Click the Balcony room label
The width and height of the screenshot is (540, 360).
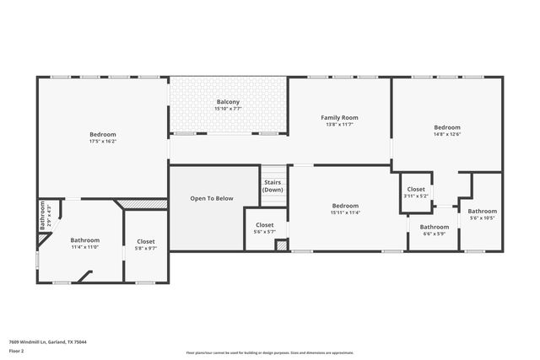[229, 101]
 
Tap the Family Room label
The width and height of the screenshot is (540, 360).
[339, 117]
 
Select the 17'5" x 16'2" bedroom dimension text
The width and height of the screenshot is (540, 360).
[103, 142]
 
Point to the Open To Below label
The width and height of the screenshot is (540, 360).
[211, 199]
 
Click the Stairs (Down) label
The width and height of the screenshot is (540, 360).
[273, 186]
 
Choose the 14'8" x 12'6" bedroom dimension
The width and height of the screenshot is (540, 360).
[446, 133]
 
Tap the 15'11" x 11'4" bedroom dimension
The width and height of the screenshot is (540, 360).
[345, 212]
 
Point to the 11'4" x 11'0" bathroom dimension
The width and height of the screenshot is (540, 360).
[84, 247]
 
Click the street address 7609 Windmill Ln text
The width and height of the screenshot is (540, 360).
[48, 341]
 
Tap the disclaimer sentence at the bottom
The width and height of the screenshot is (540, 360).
[270, 352]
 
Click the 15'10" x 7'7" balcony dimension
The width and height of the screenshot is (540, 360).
[229, 108]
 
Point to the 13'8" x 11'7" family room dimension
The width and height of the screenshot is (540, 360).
[339, 124]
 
